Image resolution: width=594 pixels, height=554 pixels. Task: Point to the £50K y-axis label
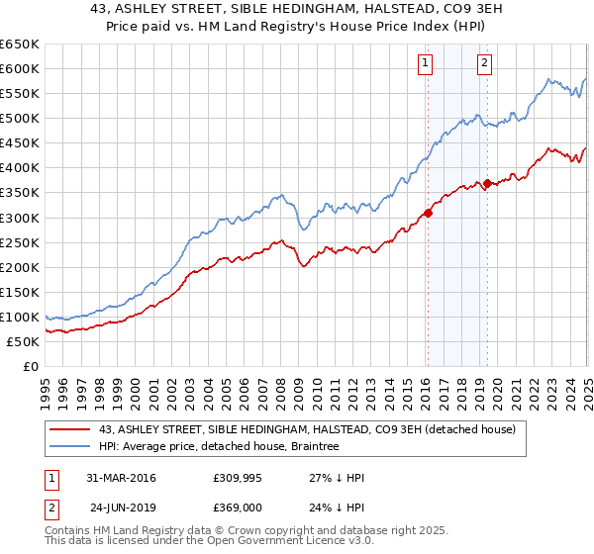coord(23,341)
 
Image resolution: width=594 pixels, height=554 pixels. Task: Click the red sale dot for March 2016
coord(428,213)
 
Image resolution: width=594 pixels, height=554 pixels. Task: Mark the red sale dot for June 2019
coord(487,183)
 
